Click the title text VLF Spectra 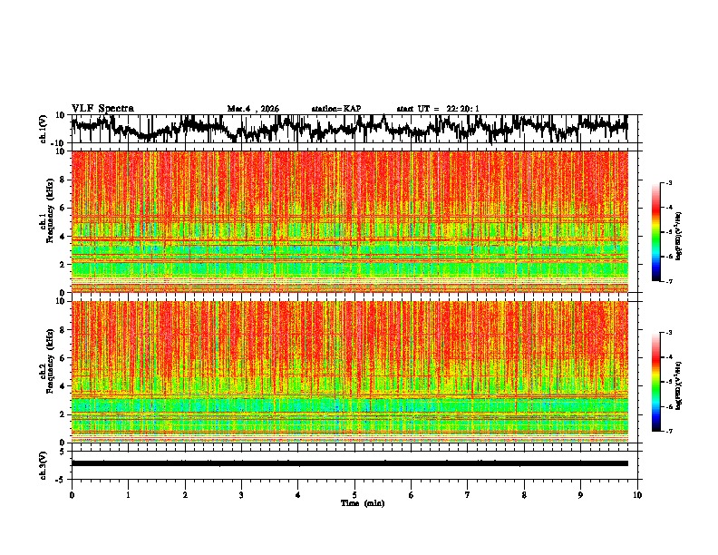(x=102, y=108)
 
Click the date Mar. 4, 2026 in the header (x=253, y=109)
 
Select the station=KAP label (x=335, y=109)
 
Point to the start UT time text (x=438, y=109)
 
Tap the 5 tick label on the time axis (x=354, y=494)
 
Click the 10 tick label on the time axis (x=637, y=494)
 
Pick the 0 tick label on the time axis (x=72, y=494)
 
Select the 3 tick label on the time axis (x=241, y=494)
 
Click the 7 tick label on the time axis (x=468, y=494)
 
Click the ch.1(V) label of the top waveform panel (x=44, y=129)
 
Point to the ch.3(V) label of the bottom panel (x=44, y=463)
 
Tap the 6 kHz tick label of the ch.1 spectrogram (x=62, y=208)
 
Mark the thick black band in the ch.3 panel (x=349, y=463)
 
